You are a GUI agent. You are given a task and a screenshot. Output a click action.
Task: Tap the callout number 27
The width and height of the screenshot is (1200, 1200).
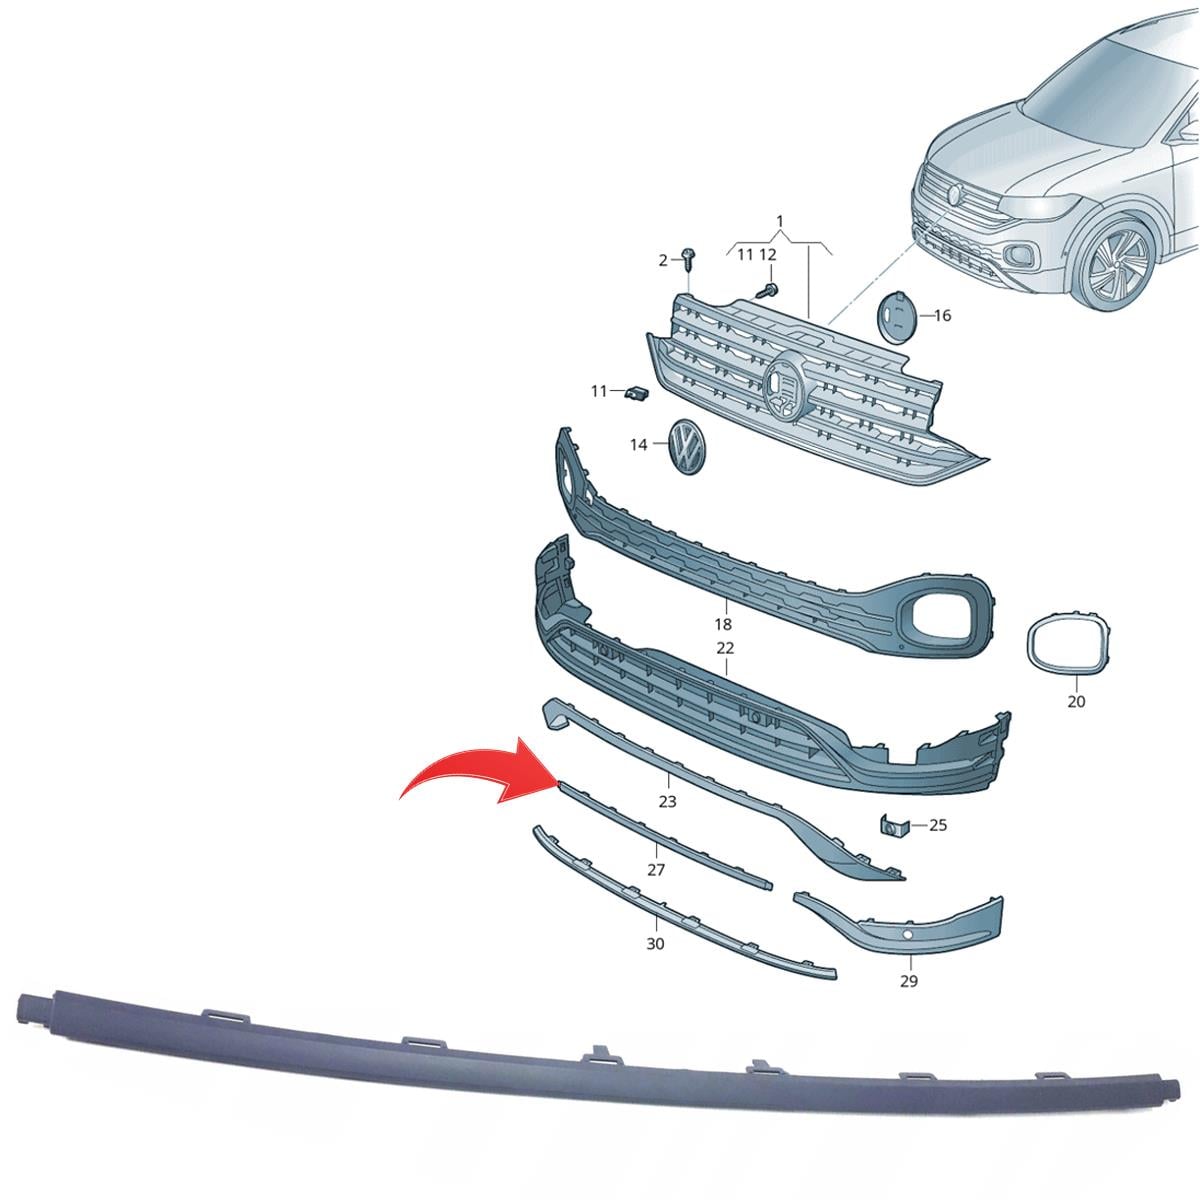pyautogui.click(x=656, y=870)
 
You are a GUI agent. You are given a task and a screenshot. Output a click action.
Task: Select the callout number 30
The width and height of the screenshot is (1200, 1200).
pyautogui.click(x=655, y=944)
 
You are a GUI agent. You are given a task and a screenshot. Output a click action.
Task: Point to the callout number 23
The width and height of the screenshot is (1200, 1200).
pyautogui.click(x=667, y=801)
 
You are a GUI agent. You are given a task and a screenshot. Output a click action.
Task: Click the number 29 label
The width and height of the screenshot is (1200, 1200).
pyautogui.click(x=909, y=981)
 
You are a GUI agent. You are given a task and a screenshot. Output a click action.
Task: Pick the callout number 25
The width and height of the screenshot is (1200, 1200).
pyautogui.click(x=938, y=826)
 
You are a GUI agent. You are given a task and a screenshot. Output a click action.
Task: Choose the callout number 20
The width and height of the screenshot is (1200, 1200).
pyautogui.click(x=1076, y=701)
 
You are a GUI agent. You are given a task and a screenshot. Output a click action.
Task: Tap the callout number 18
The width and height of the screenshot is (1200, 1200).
pyautogui.click(x=723, y=624)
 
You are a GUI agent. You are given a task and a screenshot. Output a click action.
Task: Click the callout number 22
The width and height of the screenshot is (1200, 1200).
pyautogui.click(x=725, y=648)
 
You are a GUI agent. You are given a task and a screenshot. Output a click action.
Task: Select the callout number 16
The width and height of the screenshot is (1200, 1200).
pyautogui.click(x=943, y=316)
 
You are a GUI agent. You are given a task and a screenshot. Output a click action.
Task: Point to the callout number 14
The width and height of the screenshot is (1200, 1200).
pyautogui.click(x=638, y=445)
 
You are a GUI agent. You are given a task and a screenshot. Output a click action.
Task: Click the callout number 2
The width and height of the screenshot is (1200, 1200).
pyautogui.click(x=663, y=260)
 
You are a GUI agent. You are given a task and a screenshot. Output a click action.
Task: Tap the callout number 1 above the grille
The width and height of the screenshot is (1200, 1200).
pyautogui.click(x=780, y=222)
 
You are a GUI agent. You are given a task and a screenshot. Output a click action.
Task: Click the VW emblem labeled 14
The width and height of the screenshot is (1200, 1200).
pyautogui.click(x=687, y=447)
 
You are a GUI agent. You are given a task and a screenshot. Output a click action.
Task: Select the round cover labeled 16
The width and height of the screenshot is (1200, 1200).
pyautogui.click(x=895, y=316)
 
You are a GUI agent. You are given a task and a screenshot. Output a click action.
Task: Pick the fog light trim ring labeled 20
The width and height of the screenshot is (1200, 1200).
pyautogui.click(x=1068, y=646)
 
